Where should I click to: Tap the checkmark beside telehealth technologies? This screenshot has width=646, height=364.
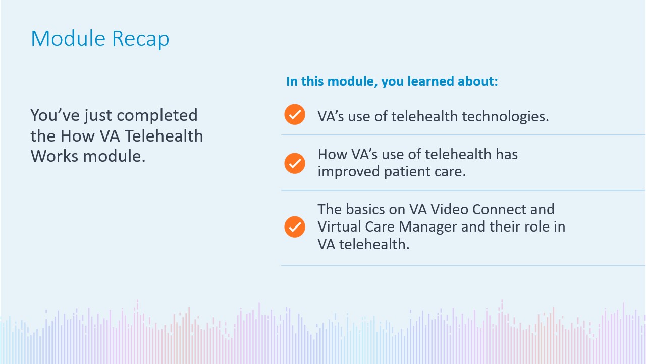pos(294,114)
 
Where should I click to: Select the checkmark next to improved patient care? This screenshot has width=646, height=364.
pos(294,163)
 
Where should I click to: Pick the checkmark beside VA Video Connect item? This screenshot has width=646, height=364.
pos(294,227)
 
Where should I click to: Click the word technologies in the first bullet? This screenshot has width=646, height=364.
pos(505,116)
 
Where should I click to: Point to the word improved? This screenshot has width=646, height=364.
pos(349,172)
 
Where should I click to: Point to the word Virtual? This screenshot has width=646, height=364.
pos(339,226)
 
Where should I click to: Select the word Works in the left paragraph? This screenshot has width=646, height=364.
pos(55,156)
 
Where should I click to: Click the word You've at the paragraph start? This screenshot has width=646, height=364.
pos(55,115)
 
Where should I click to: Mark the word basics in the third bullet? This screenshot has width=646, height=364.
pos(365,209)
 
